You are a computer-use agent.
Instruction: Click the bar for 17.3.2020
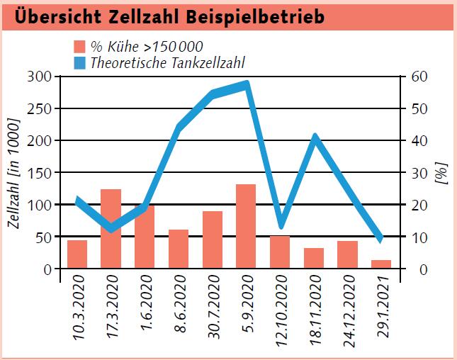pyautogui.click(x=111, y=229)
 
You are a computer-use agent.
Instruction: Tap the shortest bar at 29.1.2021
pyautogui.click(x=381, y=264)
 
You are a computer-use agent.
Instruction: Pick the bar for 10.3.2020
pyautogui.click(x=77, y=254)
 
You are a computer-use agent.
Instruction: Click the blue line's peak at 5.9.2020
pyautogui.click(x=246, y=84)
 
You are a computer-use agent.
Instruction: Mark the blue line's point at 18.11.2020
pyautogui.click(x=314, y=137)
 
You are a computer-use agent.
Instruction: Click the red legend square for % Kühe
pyautogui.click(x=80, y=47)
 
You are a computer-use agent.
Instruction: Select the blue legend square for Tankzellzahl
pyautogui.click(x=80, y=62)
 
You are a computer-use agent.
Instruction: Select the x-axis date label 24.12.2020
pyautogui.click(x=348, y=312)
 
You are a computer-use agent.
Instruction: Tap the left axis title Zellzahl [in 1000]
pyautogui.click(x=15, y=173)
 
